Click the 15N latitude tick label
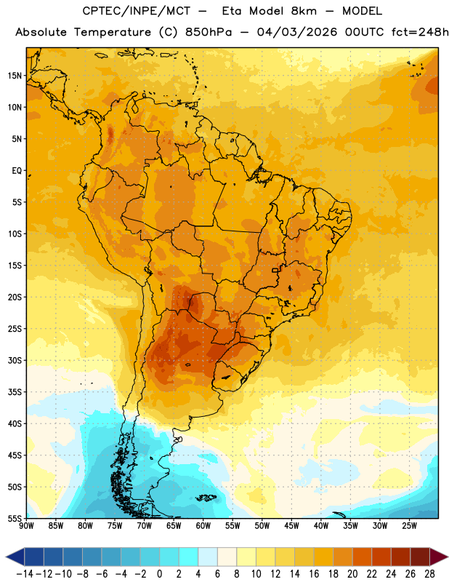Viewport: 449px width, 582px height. pyautogui.click(x=15, y=76)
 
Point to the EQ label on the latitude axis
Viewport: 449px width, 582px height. pyautogui.click(x=17, y=171)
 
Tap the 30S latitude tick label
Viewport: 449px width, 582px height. pyautogui.click(x=15, y=360)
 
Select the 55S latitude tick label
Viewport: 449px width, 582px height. pyautogui.click(x=15, y=519)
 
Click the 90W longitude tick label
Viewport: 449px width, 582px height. pyautogui.click(x=26, y=526)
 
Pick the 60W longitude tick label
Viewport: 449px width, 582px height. pyautogui.click(x=203, y=526)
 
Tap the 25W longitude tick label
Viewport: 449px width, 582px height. pyautogui.click(x=409, y=526)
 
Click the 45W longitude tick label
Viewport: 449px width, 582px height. pyautogui.click(x=291, y=526)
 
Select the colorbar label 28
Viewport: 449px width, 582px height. pyautogui.click(x=429, y=574)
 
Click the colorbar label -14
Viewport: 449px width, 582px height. pyautogui.click(x=25, y=574)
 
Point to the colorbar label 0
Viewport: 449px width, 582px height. pyautogui.click(x=159, y=574)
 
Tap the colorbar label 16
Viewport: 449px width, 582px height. pyautogui.click(x=314, y=574)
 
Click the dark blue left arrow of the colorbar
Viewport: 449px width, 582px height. pyautogui.click(x=15, y=557)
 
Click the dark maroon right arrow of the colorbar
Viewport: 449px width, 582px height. pyautogui.click(x=439, y=557)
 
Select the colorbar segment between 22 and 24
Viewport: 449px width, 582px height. pyautogui.click(x=381, y=557)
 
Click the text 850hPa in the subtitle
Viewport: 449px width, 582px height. pyautogui.click(x=209, y=32)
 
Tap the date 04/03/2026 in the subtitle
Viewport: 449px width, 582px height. pyautogui.click(x=297, y=32)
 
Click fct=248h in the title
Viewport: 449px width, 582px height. pyautogui.click(x=420, y=32)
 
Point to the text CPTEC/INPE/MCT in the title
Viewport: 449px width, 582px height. pyautogui.click(x=137, y=11)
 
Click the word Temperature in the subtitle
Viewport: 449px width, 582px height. pyautogui.click(x=113, y=32)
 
